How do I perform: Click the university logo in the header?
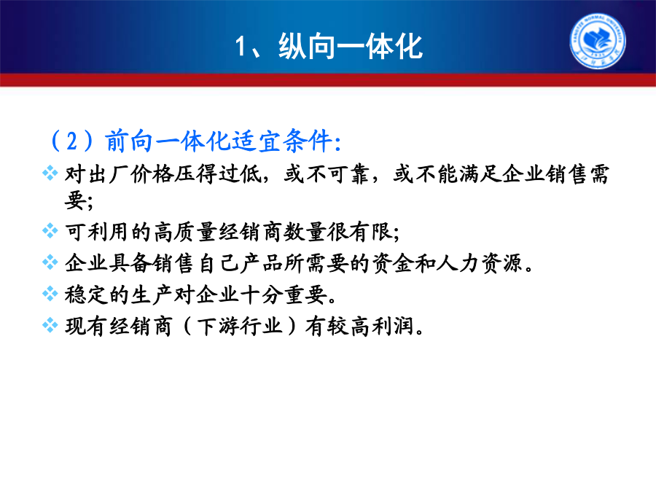coord(598,41)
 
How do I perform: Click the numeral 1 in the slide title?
coord(241,46)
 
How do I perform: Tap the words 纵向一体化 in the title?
coord(351,46)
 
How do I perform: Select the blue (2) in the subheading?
coord(72,141)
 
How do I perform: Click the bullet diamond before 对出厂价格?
coord(50,173)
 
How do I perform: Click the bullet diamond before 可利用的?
coord(50,230)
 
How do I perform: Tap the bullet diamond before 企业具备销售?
coord(50,262)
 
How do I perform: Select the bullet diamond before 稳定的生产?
coord(50,294)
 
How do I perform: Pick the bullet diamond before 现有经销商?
coord(50,325)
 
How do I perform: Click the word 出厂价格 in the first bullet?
coord(130,174)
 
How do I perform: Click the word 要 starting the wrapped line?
coord(75,200)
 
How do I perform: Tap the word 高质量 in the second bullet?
coord(184,231)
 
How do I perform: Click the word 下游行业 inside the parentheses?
coord(240,326)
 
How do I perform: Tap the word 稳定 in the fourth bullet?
coord(86,294)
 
